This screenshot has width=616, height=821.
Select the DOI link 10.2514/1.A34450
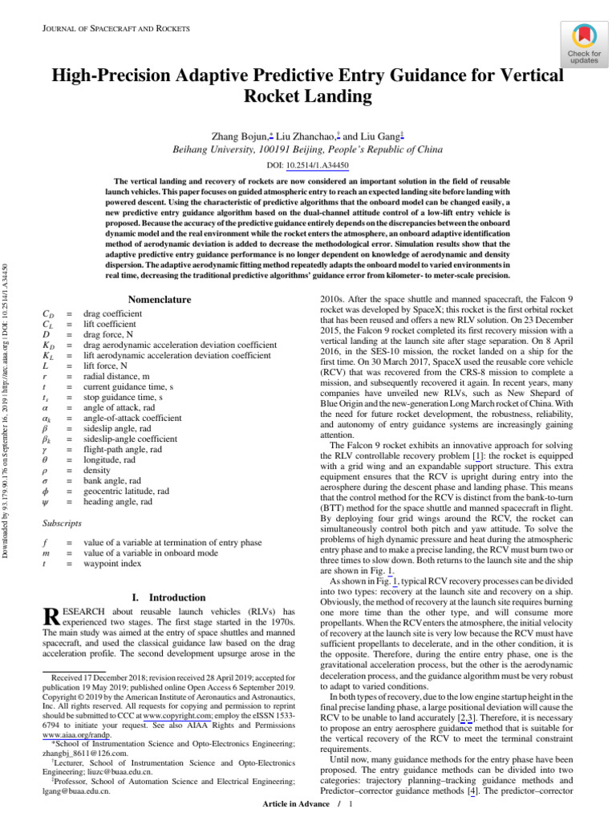point(318,164)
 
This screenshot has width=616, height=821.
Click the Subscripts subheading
point(62,523)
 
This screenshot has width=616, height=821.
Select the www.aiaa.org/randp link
point(76,734)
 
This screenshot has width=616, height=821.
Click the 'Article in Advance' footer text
point(298,803)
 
